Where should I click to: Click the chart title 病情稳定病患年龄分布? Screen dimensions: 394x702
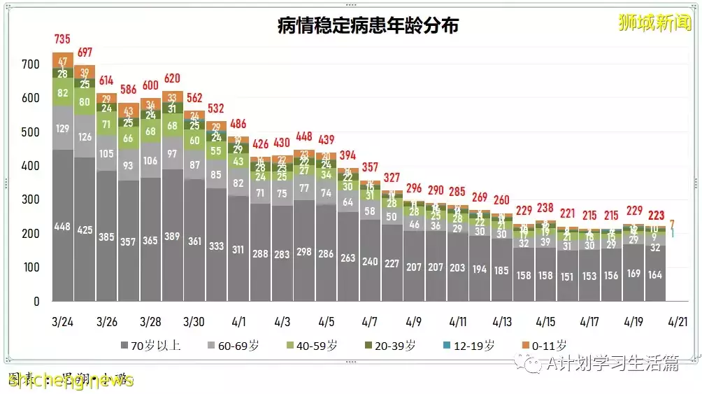click(368, 26)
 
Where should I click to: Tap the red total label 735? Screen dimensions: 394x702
click(63, 39)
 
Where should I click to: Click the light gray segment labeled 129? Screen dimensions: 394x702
click(63, 128)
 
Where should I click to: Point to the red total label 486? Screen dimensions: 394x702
click(238, 124)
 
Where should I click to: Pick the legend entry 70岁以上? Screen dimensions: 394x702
click(150, 345)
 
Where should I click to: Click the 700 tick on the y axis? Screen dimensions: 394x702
click(30, 64)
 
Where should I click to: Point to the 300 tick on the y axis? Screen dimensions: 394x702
click(30, 200)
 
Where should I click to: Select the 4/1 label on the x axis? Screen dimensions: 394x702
click(238, 321)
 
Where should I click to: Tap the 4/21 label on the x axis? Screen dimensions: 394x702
click(676, 321)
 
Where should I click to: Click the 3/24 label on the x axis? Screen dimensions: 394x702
click(63, 321)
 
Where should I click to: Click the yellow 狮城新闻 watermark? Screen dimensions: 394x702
click(654, 22)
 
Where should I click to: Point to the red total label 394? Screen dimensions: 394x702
click(348, 155)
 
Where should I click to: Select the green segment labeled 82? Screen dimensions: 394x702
click(63, 93)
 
